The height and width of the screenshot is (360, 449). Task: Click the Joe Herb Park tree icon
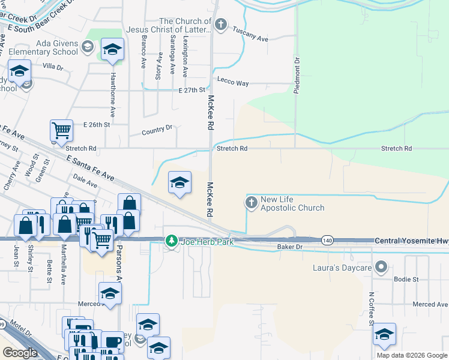tap(172, 241)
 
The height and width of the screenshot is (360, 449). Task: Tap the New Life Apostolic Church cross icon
tap(251, 203)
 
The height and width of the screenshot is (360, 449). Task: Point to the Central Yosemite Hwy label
tap(411, 241)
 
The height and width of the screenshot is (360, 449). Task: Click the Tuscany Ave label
tap(250, 38)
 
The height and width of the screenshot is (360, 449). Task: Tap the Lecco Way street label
tap(233, 83)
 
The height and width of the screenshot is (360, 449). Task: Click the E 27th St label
tap(192, 90)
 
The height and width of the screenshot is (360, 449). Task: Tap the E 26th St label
tap(98, 125)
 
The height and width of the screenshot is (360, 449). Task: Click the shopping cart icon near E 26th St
tap(61, 130)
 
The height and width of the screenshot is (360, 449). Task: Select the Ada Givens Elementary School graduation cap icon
tap(87, 47)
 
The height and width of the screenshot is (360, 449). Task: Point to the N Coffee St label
tap(372, 307)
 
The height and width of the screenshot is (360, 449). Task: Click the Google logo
tap(20, 353)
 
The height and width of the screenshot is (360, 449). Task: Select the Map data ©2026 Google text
tap(411, 355)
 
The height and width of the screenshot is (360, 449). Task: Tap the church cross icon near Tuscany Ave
tap(221, 25)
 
